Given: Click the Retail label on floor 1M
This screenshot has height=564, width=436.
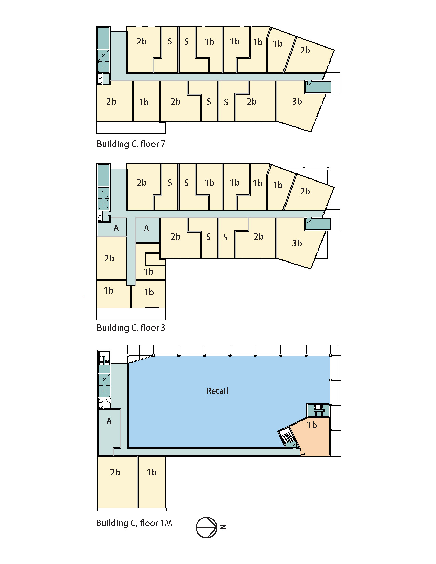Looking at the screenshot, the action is point(217,391).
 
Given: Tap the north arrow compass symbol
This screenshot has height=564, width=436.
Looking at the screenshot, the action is point(207,527).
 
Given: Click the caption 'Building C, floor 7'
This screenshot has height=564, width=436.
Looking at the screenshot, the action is point(131,144).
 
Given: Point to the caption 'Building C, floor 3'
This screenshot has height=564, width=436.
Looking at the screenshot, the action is point(131,328).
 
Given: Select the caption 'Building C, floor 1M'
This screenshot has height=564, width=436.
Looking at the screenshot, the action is point(134,523).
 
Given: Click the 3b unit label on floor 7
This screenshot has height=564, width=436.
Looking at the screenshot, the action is point(297,102).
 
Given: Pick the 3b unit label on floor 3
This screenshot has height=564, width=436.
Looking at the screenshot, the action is point(297,243).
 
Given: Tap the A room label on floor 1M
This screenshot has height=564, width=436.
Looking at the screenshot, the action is point(109,421).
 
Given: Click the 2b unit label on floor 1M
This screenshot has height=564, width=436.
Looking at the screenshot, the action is point(115,472).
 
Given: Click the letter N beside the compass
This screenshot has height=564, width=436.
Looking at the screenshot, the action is point(223,527).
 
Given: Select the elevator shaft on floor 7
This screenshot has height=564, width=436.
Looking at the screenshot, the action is point(103,61).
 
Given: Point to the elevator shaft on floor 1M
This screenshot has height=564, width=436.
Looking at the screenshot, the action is point(104,386).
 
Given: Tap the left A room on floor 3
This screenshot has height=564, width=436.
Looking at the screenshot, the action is point(112,227).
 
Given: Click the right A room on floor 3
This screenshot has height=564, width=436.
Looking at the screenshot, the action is point(147,230).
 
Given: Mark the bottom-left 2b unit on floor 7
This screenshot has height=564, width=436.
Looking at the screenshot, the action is point(115,101).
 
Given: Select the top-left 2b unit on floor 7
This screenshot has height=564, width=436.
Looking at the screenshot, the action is point(143,50).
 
